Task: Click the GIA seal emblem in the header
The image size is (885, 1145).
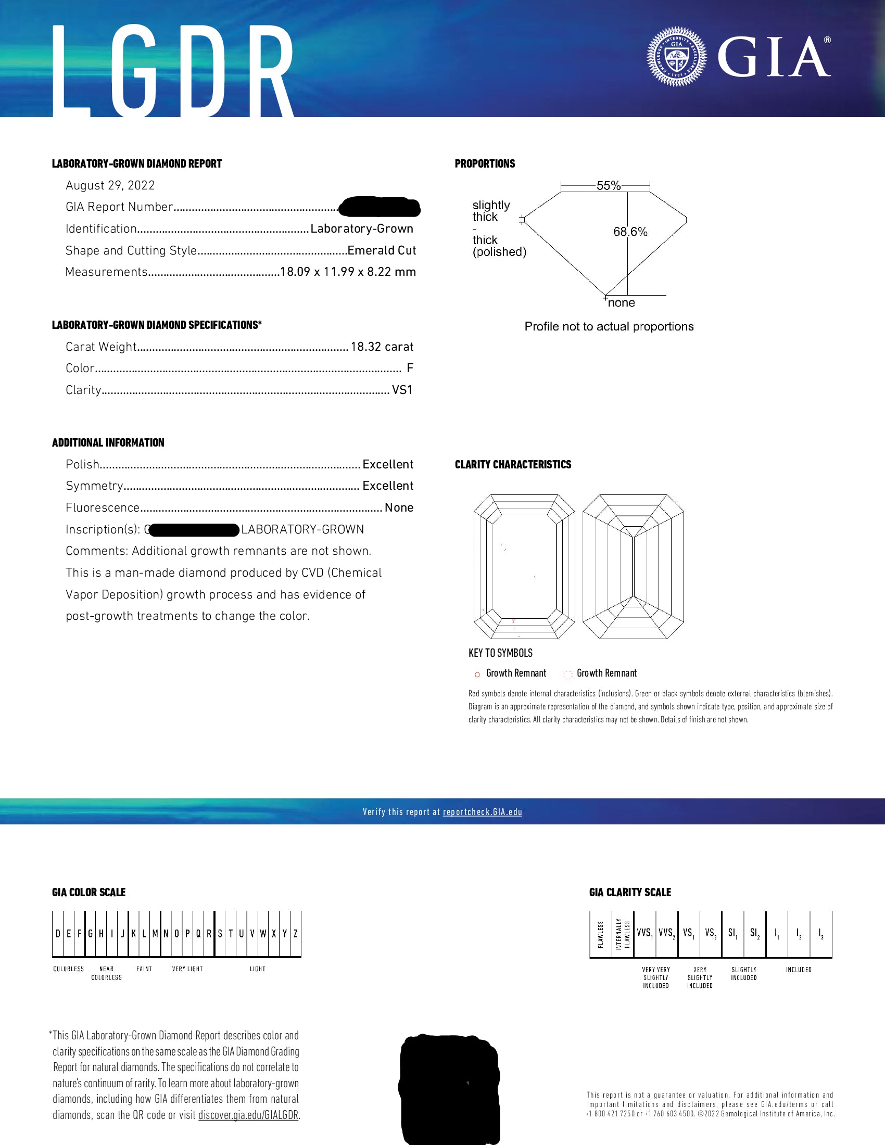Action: pos(676,57)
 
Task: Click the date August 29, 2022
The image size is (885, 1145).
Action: pos(110,186)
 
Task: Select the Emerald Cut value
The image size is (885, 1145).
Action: pos(381,251)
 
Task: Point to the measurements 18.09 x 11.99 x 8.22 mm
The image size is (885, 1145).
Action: pos(348,272)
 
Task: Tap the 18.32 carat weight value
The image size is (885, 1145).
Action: pos(382,347)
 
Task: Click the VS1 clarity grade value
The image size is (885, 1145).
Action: pos(402,390)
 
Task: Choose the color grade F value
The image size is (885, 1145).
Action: pos(410,368)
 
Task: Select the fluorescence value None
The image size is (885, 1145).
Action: pos(398,507)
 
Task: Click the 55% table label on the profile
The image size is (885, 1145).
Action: pos(608,186)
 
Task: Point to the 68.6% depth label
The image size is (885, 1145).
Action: pos(630,232)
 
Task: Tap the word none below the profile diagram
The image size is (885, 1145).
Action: pos(621,303)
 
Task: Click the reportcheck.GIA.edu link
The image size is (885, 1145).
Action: pos(483,812)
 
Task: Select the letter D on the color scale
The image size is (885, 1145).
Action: pos(58,934)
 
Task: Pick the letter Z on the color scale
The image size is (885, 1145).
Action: pos(296,934)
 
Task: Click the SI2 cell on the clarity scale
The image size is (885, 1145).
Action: pos(754,933)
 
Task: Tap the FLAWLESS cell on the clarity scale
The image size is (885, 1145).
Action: pos(601,934)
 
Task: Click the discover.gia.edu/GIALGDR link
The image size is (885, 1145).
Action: pos(248,1115)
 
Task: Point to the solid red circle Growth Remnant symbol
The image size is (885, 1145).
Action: pos(477,674)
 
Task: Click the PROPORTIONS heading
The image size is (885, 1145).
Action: pos(485,163)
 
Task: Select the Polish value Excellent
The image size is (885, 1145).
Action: pos(387,464)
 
